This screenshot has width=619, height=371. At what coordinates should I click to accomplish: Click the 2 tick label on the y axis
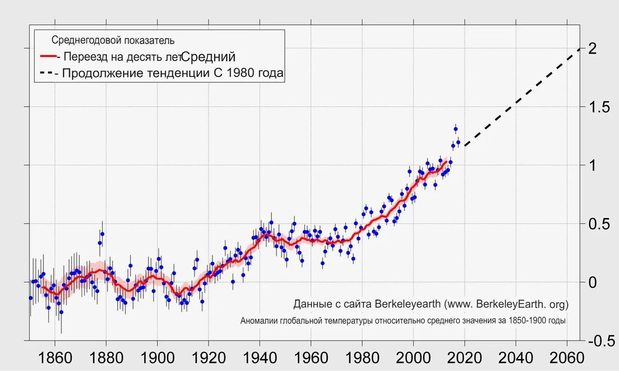pos(592,49)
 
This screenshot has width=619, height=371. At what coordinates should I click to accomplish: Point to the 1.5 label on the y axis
pos(598,107)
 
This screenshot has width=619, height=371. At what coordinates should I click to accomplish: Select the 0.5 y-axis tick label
pos(598,224)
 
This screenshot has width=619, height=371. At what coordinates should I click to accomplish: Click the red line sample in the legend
pos(47,56)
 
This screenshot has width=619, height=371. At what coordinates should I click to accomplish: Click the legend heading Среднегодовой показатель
pos(113,40)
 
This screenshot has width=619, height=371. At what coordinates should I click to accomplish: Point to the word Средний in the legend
pos(209,56)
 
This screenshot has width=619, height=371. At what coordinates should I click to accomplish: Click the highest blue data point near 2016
pos(455,129)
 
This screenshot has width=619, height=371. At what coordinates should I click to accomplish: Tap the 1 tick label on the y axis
pos(592,165)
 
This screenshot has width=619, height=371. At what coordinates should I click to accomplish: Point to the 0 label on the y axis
pos(592,282)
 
